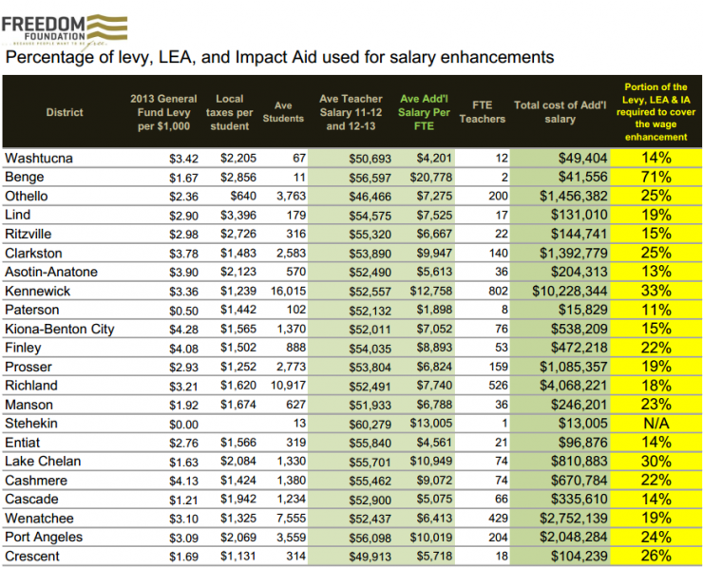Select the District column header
65,112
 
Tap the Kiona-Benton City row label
60,329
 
